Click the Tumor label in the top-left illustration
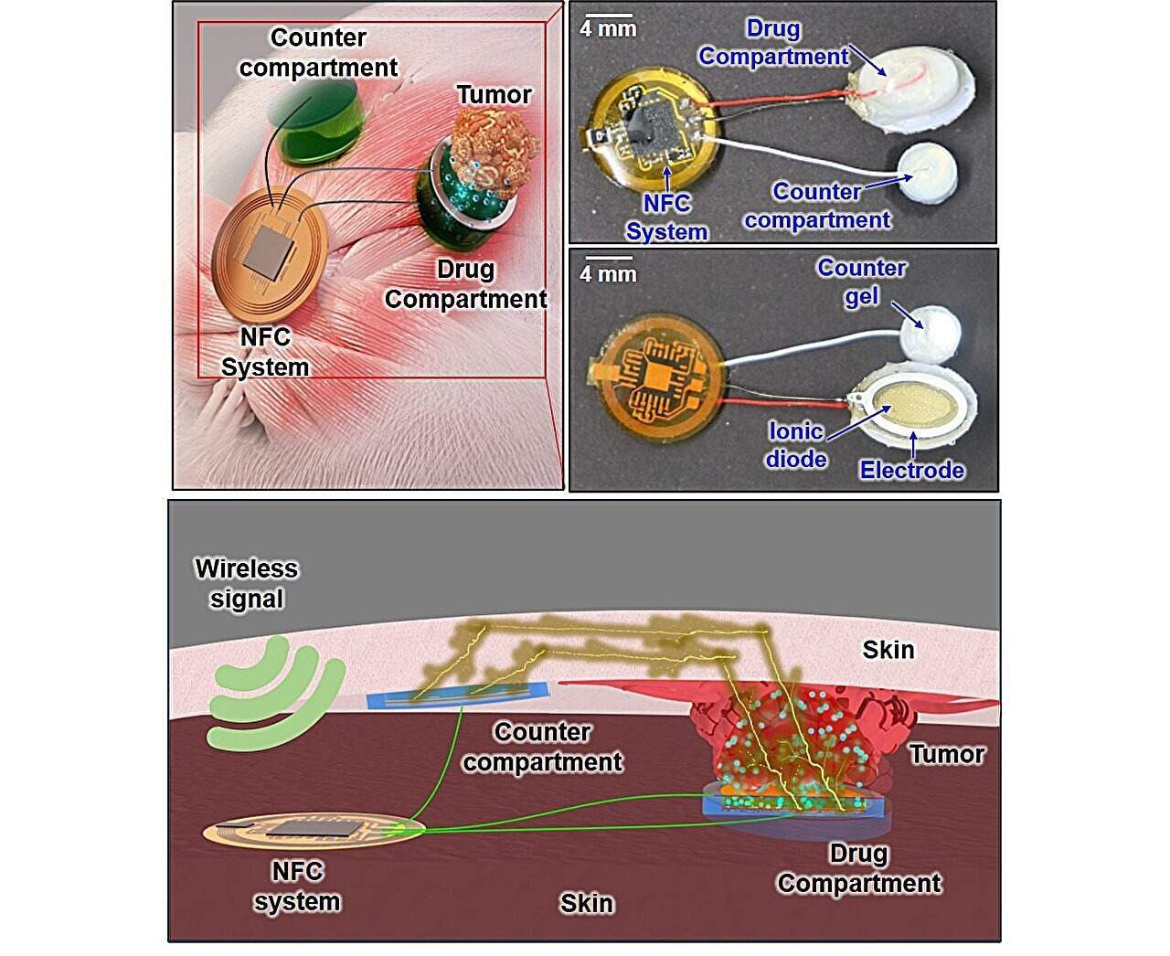click(494, 94)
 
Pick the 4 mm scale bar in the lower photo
click(607, 260)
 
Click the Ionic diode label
click(795, 444)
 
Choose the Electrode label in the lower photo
click(912, 470)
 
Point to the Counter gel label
click(862, 281)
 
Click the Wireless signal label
click(246, 583)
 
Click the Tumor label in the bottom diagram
click(947, 754)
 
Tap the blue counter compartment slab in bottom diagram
click(457, 698)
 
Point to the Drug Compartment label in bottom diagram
click(859, 868)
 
